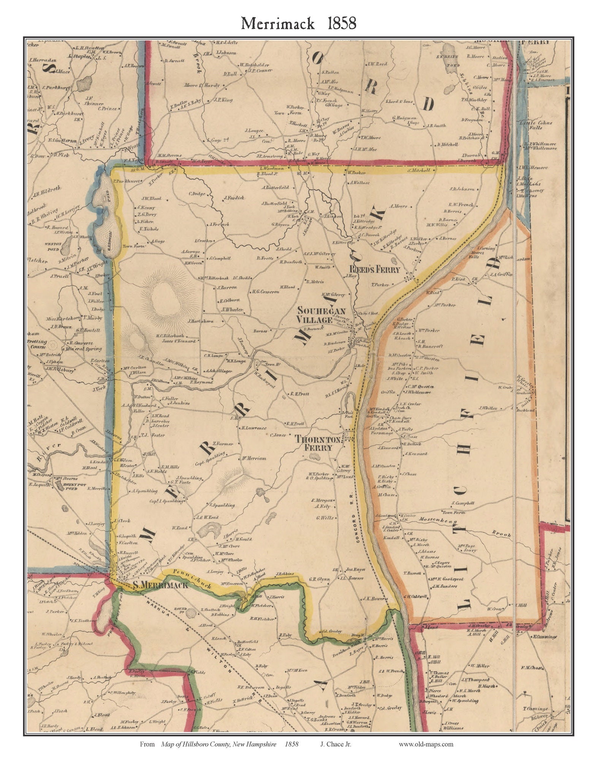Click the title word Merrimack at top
click(x=277, y=24)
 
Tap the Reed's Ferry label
click(x=374, y=270)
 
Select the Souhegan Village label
click(x=315, y=315)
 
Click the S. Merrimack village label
click(x=160, y=585)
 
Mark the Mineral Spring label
click(x=83, y=348)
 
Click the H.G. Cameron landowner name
click(x=265, y=292)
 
